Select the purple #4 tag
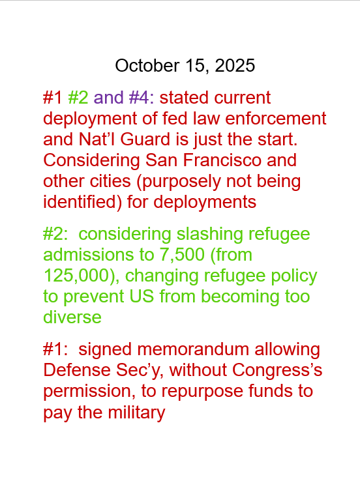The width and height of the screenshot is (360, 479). pyautogui.click(x=140, y=98)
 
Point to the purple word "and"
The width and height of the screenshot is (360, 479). pyautogui.click(x=109, y=98)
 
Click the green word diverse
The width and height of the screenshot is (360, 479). pyautogui.click(x=72, y=317)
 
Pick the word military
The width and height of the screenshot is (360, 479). pyautogui.click(x=132, y=413)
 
